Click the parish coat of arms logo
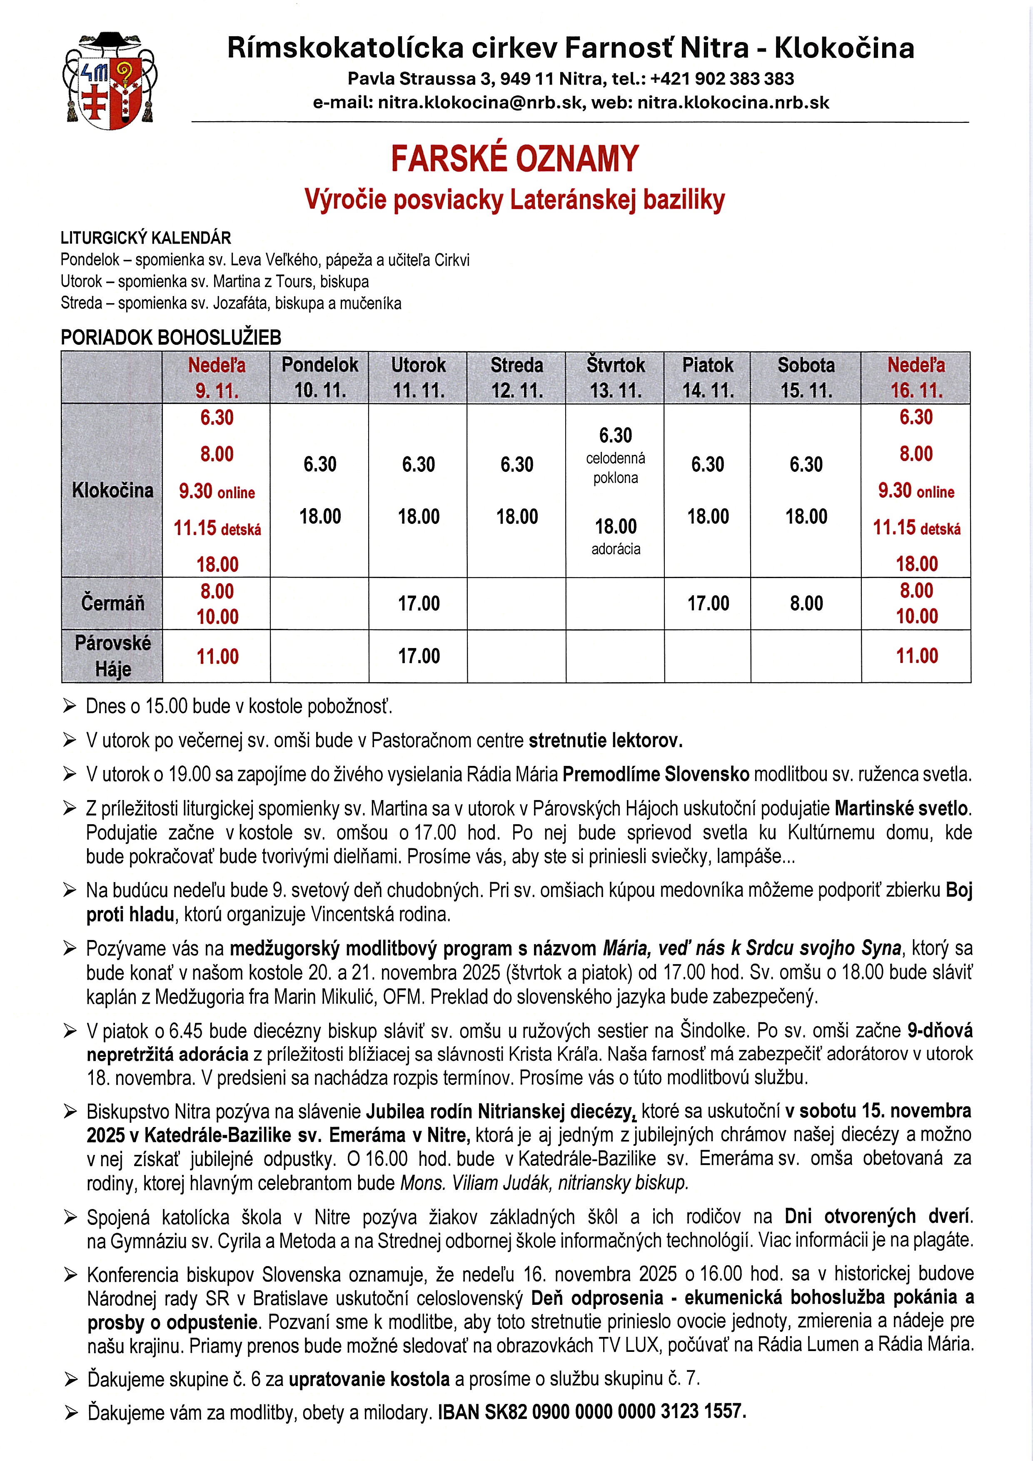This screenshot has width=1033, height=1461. (x=110, y=81)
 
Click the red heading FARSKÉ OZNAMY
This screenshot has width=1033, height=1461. (x=514, y=159)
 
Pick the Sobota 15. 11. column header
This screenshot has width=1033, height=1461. (x=806, y=377)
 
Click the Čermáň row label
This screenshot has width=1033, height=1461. (x=112, y=603)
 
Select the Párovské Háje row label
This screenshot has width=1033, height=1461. (x=112, y=656)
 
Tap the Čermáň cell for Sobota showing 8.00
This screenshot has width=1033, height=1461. (x=806, y=603)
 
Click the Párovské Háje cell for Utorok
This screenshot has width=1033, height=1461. (x=418, y=656)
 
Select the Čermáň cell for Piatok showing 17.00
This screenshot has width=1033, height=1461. (x=708, y=603)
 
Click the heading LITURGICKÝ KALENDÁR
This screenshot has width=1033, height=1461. (x=146, y=238)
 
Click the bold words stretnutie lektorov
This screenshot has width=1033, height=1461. (x=605, y=740)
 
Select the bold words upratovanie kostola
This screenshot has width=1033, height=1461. (x=369, y=1379)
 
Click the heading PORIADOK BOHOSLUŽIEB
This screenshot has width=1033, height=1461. (x=171, y=337)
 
